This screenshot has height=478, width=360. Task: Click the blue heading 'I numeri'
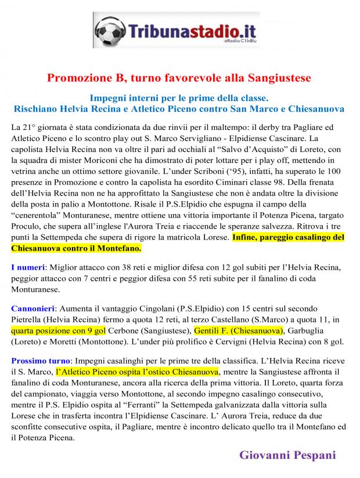[x=28, y=267]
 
